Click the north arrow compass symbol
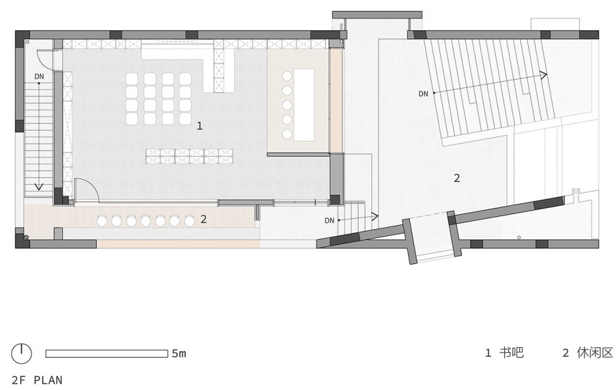(x=21, y=354)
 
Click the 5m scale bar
(x=107, y=353)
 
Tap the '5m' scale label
(x=179, y=353)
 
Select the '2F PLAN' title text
(x=37, y=380)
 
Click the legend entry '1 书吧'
(x=504, y=353)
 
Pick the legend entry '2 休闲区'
(x=588, y=353)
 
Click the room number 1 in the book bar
(x=200, y=126)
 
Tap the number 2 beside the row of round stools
(x=203, y=219)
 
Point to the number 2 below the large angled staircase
(x=456, y=178)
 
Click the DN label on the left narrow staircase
(x=39, y=77)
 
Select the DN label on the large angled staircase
(x=423, y=94)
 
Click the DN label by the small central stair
(x=330, y=221)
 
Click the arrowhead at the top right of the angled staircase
(x=544, y=75)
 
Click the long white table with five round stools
(x=304, y=104)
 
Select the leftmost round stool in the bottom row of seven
(x=103, y=221)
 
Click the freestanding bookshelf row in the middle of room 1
(x=189, y=156)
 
